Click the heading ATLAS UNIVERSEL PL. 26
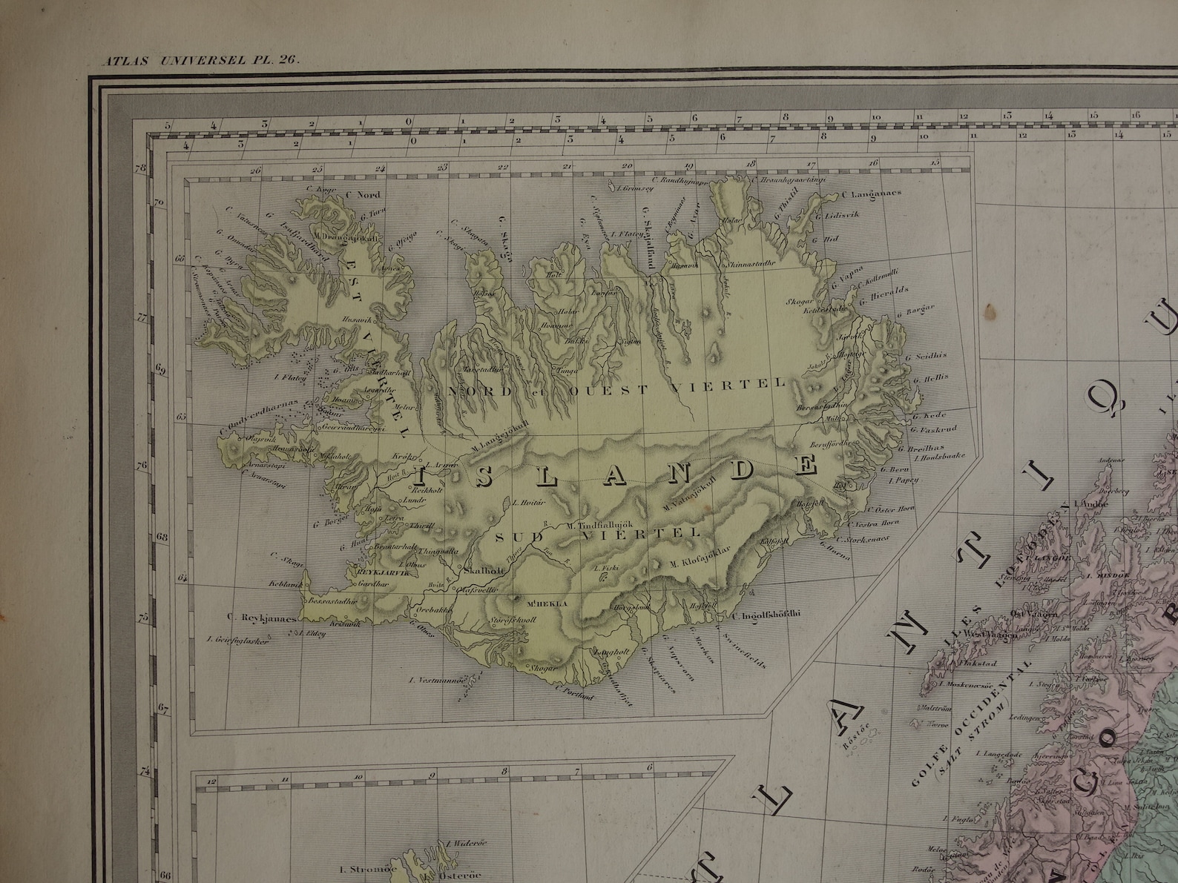pos(200,62)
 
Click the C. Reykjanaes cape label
pos(263,617)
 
